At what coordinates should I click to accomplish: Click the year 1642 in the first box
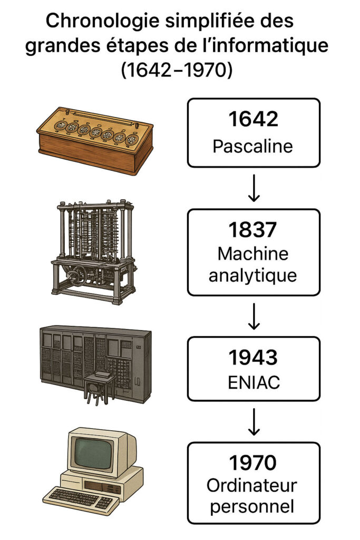253,119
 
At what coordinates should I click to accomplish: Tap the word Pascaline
253,146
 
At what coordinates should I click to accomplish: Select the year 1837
253,230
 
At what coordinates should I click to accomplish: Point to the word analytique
253,276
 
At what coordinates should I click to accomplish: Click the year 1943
253,358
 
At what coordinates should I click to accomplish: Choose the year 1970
253,462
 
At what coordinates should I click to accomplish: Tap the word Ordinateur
253,486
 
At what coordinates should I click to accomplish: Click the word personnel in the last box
253,507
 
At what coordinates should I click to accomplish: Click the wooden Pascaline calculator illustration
95,140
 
